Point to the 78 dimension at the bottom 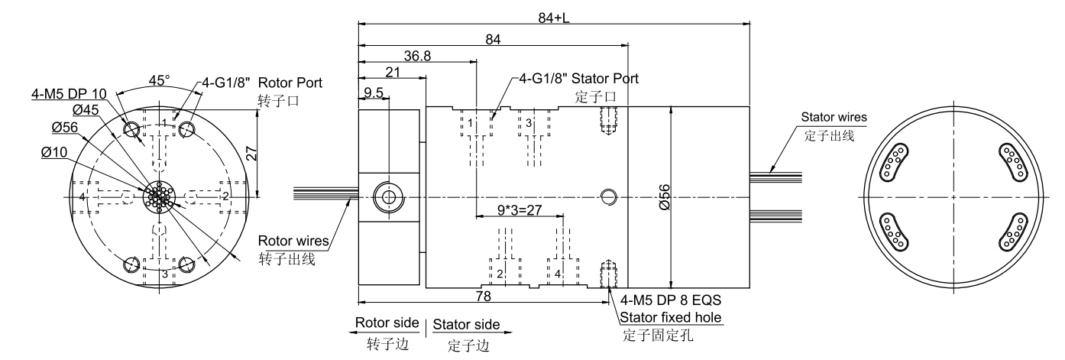click(483, 294)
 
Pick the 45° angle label click(159, 79)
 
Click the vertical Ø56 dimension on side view click(665, 196)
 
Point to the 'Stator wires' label click(834, 118)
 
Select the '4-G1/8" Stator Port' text click(578, 78)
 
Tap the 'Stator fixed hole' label click(671, 317)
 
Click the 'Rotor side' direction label click(387, 323)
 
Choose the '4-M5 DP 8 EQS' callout click(671, 300)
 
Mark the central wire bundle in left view click(159, 196)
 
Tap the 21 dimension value click(394, 72)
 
